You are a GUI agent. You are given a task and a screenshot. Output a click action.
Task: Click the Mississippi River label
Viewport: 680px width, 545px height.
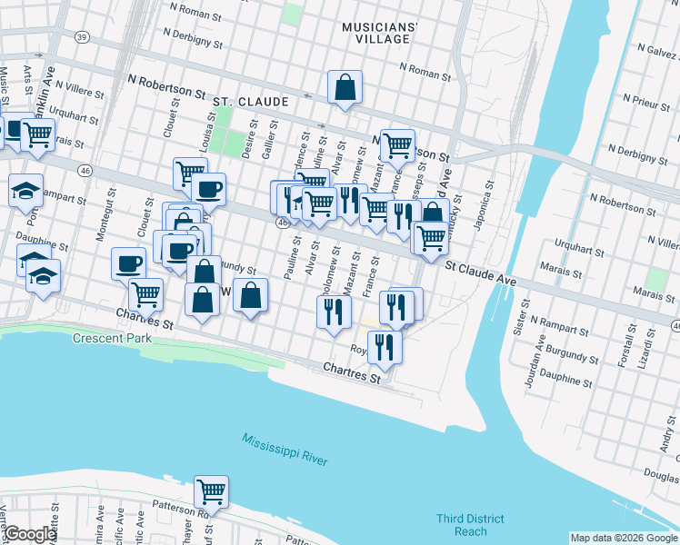tap(285, 451)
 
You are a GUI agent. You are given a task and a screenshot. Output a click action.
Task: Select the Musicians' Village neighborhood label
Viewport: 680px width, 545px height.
tap(379, 34)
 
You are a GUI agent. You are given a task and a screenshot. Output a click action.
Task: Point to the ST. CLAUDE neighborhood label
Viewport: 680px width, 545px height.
tap(251, 103)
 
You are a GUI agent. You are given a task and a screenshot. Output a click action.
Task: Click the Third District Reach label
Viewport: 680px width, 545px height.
tap(469, 525)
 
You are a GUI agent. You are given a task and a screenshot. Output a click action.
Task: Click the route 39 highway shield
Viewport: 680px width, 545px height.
tap(83, 37)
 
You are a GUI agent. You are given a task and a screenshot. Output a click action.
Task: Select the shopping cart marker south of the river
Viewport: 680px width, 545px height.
tap(211, 491)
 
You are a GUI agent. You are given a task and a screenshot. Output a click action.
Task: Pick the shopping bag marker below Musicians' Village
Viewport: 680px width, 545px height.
tap(345, 88)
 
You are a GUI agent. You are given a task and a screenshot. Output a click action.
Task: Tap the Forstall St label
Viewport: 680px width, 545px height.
tap(625, 350)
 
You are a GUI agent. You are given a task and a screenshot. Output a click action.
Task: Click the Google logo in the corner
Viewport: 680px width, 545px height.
tap(31, 535)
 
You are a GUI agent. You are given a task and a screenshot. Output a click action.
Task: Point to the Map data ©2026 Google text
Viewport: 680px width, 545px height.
tap(624, 538)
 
